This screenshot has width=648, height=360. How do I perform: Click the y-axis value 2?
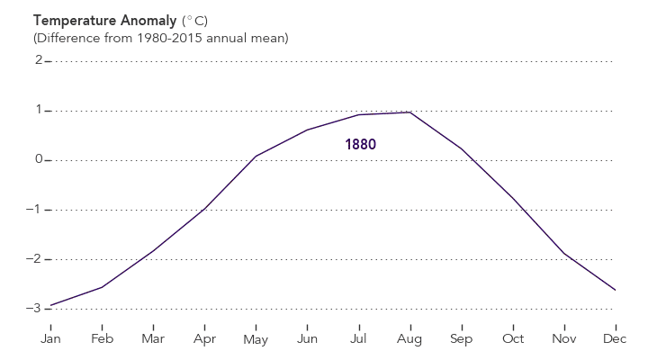pos(39,61)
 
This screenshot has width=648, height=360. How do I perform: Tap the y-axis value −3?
pos(35,309)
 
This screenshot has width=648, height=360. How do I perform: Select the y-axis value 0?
pos(39,160)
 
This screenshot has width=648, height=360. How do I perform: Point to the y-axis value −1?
pos(35,210)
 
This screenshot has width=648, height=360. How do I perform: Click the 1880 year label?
pos(360,144)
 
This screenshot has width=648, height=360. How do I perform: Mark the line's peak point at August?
pos(410,112)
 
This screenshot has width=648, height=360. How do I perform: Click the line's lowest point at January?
pos(50,306)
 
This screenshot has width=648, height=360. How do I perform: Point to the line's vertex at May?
pos(256,156)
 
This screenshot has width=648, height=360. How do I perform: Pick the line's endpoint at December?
pos(616,290)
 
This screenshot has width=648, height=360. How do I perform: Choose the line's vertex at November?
pos(564,254)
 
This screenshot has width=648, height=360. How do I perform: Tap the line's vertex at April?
pos(205,208)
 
